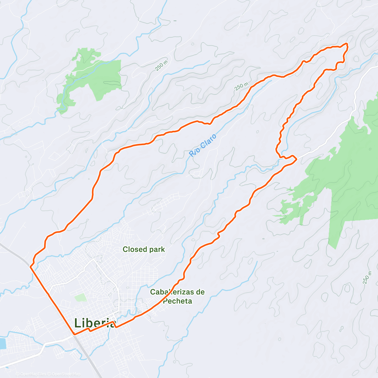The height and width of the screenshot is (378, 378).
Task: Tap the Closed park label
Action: tap(144, 249)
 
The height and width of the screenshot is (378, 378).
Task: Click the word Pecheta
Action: tap(177, 301)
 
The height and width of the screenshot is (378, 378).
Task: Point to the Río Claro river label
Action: tap(203, 145)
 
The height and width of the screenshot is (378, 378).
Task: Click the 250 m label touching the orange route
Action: tap(242, 86)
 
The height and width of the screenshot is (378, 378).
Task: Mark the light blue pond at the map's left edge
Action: tap(3, 343)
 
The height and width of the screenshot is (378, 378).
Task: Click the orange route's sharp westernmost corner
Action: tap(30, 267)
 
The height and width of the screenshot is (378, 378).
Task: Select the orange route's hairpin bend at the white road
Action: tap(295, 159)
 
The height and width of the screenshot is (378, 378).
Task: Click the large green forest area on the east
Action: tap(350, 176)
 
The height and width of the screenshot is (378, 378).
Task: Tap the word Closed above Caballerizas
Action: tap(133, 249)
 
